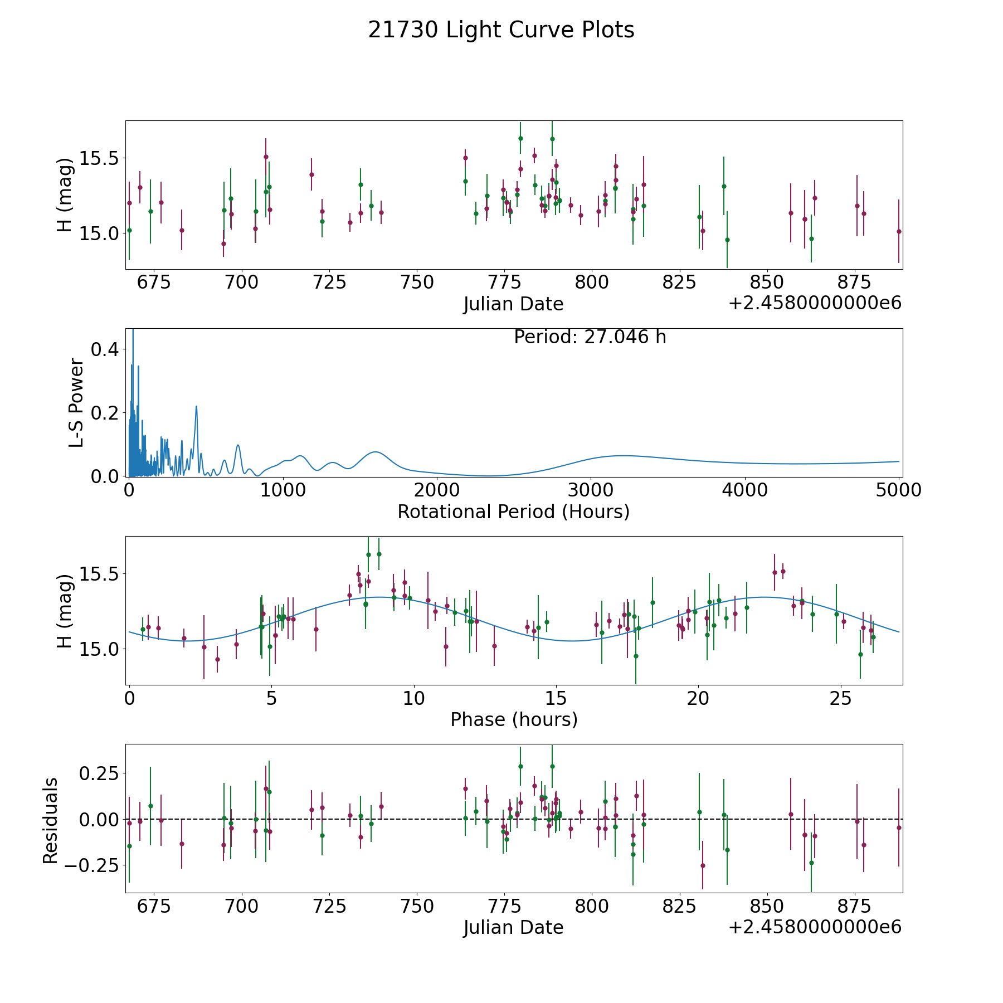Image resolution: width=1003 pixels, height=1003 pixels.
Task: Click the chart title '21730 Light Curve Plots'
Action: pos(501,30)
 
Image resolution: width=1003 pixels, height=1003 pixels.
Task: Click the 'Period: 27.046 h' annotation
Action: pos(590,337)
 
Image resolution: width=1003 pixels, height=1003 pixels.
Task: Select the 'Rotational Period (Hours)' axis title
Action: pos(513,512)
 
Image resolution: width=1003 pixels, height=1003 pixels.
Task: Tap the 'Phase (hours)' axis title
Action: pos(514,719)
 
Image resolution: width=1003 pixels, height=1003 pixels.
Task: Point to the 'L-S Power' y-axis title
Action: pos(76,402)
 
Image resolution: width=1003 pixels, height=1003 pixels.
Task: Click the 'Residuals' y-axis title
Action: pos(50,821)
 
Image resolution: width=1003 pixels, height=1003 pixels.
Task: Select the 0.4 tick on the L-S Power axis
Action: pos(105,349)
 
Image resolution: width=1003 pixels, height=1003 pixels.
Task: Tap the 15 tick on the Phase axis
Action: pos(556,698)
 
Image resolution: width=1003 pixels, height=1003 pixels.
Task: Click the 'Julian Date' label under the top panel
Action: pos(513,304)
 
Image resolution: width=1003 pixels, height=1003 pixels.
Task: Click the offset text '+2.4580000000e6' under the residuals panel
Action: pos(815,927)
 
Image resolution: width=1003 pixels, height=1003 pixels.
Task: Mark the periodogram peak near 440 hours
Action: pos(196,406)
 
